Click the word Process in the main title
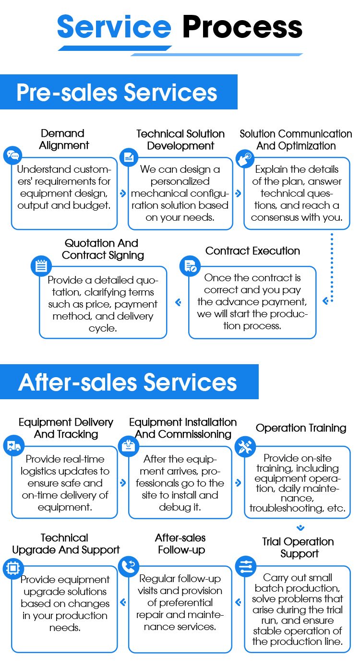tap(242, 27)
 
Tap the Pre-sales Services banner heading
tap(117, 92)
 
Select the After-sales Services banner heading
tap(128, 382)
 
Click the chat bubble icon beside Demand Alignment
tap(13, 155)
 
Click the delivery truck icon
tap(13, 446)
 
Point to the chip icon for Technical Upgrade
tap(12, 568)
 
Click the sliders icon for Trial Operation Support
tap(245, 567)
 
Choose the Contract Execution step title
tap(252, 251)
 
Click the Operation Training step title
tap(301, 428)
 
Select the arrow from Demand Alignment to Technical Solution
tap(123, 194)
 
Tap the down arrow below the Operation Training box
tap(300, 528)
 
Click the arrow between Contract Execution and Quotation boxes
tap(178, 302)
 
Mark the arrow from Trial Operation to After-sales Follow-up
tap(239, 602)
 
